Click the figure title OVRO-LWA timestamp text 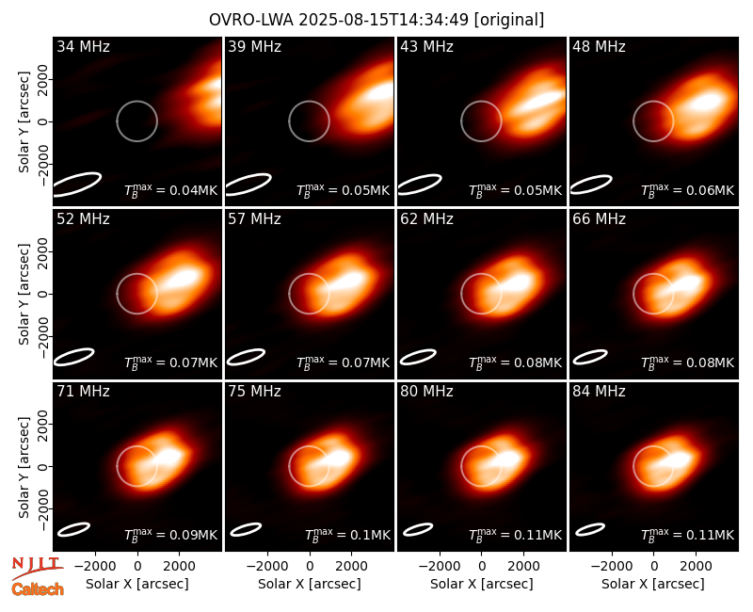point(376,20)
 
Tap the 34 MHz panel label point(83,46)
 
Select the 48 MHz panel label point(599,46)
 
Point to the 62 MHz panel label point(426,219)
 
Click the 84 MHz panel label point(599,392)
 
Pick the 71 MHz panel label point(83,392)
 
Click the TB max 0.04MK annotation point(171,190)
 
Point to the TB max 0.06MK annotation point(688,190)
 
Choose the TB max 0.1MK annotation point(348,535)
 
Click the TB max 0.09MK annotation point(171,535)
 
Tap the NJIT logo point(37,568)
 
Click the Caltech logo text point(38,589)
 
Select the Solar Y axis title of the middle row point(24,294)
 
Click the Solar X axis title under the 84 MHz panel point(653,584)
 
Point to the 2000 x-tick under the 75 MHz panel point(351,567)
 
